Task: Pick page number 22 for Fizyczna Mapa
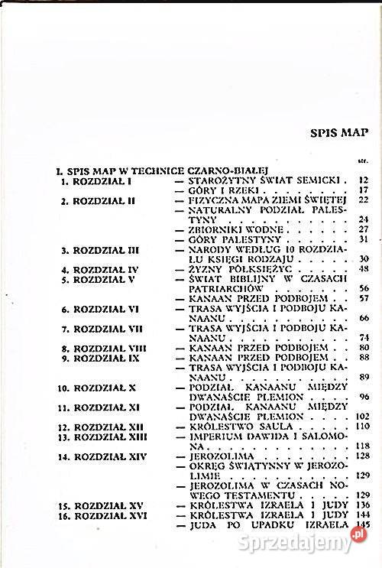[364, 200]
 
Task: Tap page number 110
[362, 426]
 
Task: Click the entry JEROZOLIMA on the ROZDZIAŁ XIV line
[215, 456]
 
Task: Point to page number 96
[364, 397]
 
